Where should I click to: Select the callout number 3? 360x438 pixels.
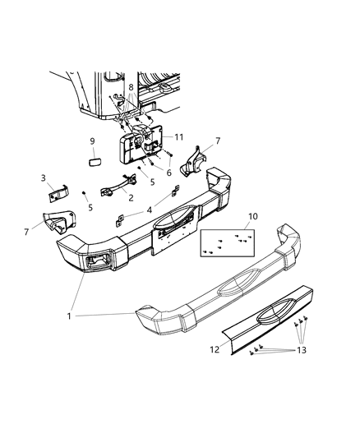44,178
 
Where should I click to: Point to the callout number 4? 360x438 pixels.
149,210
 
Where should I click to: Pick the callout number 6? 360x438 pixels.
169,173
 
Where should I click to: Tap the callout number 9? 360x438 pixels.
92,140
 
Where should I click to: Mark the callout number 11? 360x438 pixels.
178,137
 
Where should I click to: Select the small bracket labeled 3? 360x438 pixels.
56,192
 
